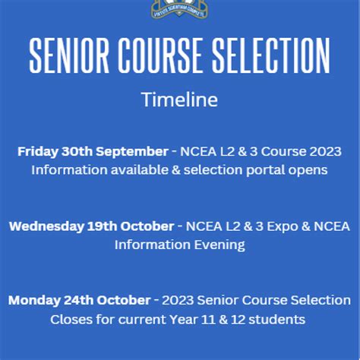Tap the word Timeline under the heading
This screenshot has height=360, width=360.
coord(179,99)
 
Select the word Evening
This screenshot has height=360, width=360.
coord(216,245)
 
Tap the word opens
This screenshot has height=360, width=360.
coord(308,169)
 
